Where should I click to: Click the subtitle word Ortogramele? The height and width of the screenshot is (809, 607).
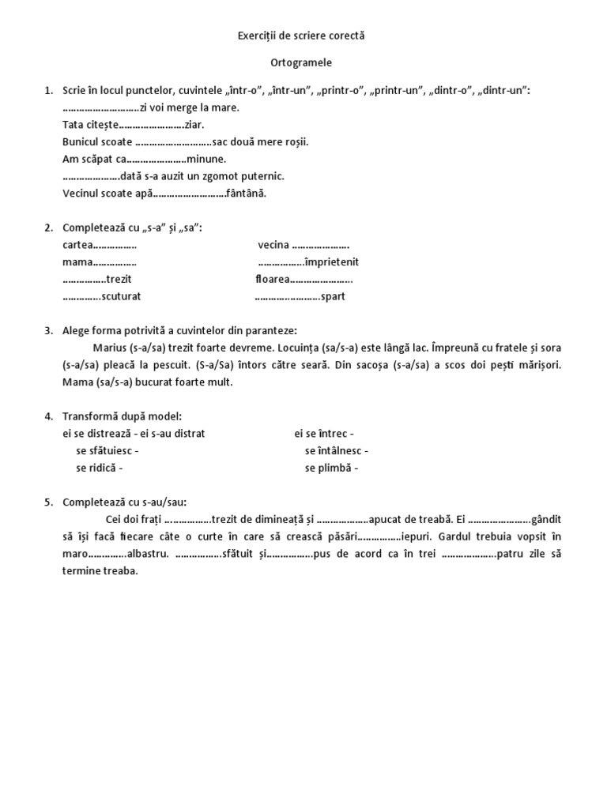point(303,62)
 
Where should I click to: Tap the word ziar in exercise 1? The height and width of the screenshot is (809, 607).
point(194,125)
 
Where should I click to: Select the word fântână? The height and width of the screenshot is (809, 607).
point(247,194)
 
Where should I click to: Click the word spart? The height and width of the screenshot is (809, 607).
point(333,297)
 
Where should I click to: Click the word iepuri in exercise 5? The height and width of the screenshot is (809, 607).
point(420,536)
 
